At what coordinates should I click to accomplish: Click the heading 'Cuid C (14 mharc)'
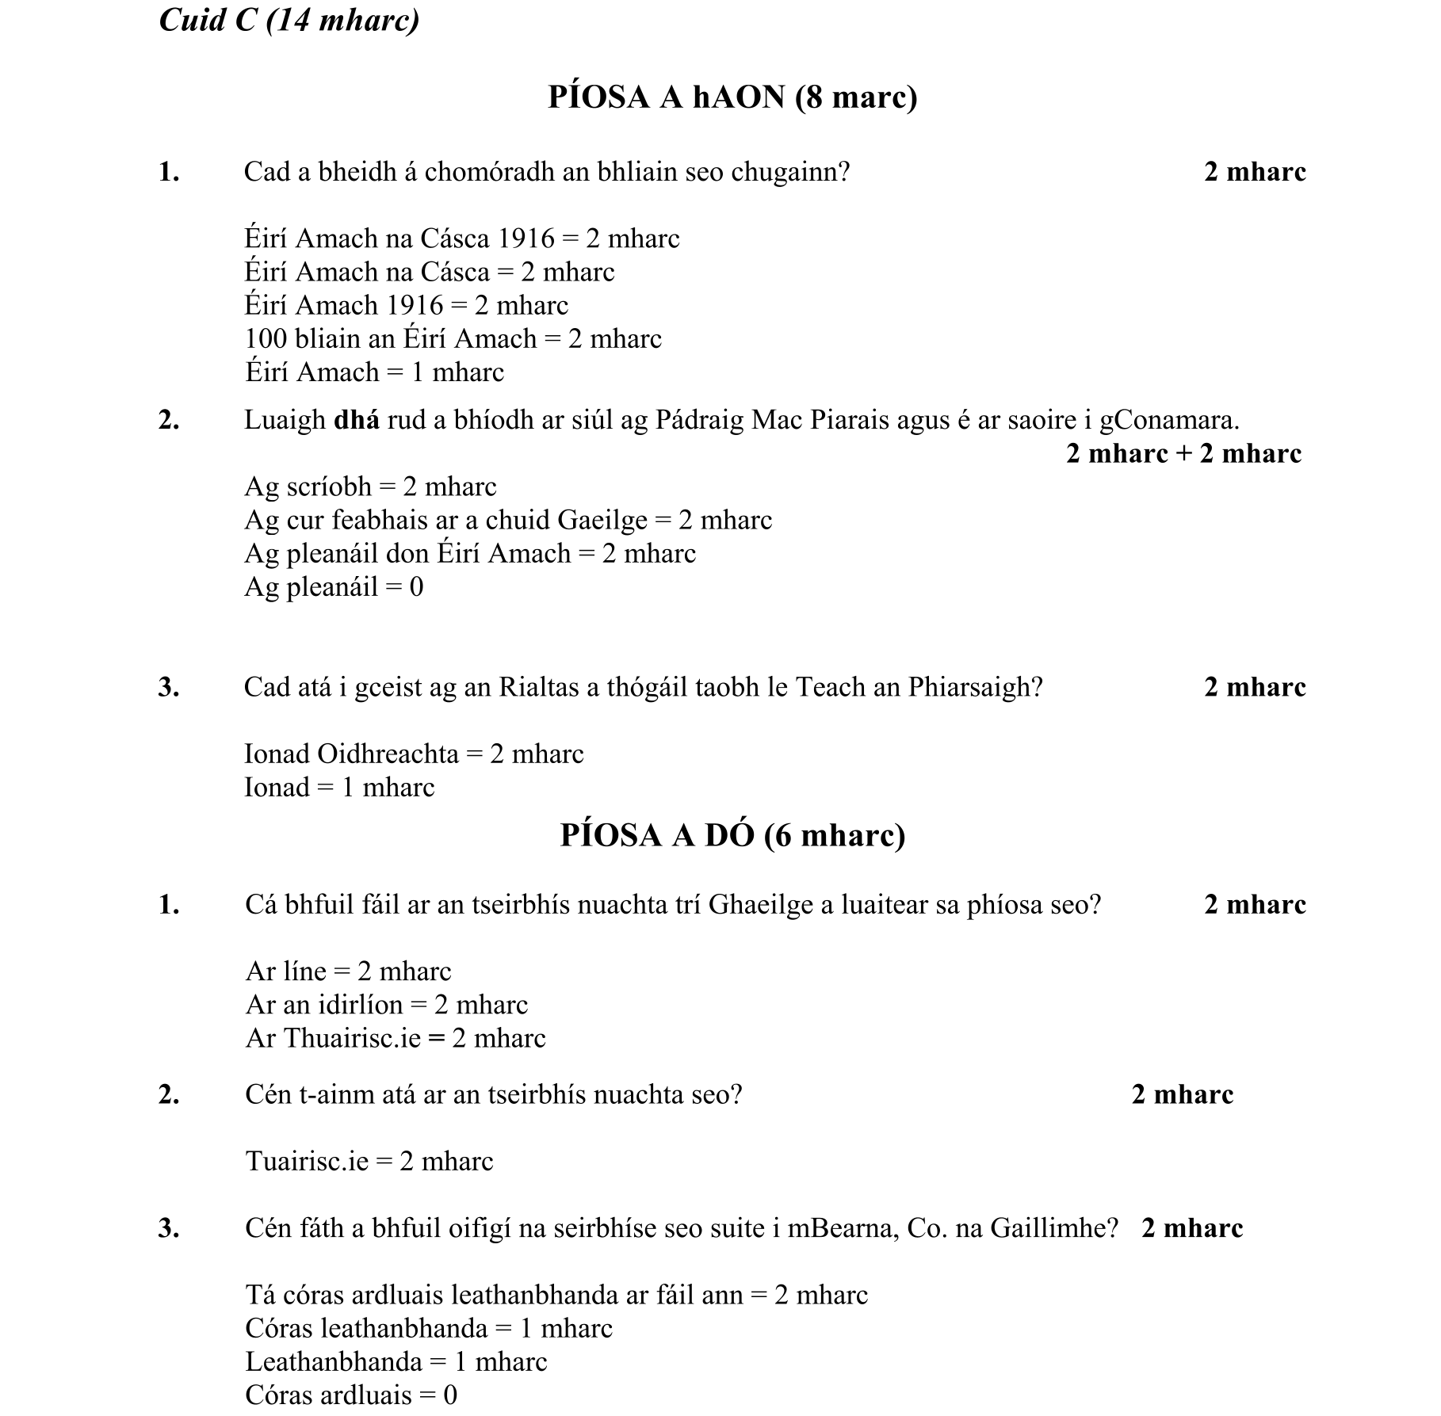[x=289, y=19]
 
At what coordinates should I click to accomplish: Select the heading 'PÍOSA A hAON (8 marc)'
[x=732, y=97]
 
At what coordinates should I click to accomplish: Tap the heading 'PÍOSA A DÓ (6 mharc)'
[x=732, y=835]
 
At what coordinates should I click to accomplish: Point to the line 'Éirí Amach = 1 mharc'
[x=374, y=372]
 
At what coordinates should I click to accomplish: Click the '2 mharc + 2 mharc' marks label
[x=1183, y=453]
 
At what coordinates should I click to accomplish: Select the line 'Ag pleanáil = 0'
[x=334, y=587]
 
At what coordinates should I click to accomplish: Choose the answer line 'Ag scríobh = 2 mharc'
[x=370, y=487]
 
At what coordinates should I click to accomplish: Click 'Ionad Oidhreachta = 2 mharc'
[x=414, y=754]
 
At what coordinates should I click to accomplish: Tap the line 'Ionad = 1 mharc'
[x=339, y=788]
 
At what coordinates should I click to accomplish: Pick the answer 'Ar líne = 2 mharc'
[x=348, y=971]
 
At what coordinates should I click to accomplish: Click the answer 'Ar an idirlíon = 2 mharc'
[x=386, y=1005]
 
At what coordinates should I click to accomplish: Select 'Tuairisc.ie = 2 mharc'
[x=369, y=1162]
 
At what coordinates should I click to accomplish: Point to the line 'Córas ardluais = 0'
[x=351, y=1395]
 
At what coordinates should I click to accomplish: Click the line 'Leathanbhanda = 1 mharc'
[x=396, y=1361]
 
